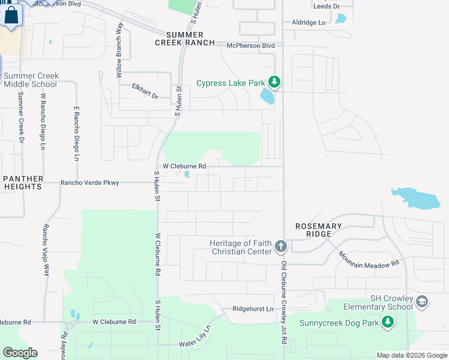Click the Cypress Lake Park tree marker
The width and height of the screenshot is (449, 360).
tap(274, 82)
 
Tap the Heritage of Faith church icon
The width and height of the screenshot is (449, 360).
tap(280, 246)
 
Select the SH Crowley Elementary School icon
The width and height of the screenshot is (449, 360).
tap(422, 301)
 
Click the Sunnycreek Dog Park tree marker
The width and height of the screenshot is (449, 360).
tap(388, 323)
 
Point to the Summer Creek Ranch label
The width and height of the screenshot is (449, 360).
tap(184, 38)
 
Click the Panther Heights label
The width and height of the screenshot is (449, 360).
tap(22, 182)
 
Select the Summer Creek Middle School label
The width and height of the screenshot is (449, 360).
tap(30, 80)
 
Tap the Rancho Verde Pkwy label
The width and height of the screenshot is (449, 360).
tap(90, 183)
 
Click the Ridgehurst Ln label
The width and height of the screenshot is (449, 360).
tap(253, 309)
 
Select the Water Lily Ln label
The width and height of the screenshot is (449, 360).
tap(196, 339)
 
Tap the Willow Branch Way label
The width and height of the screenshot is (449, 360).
tap(119, 51)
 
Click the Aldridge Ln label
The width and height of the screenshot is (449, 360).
tap(308, 22)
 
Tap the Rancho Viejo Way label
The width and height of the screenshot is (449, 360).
tap(46, 250)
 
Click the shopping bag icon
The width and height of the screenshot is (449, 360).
tap(11, 16)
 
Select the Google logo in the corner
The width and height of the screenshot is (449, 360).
tap(20, 353)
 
